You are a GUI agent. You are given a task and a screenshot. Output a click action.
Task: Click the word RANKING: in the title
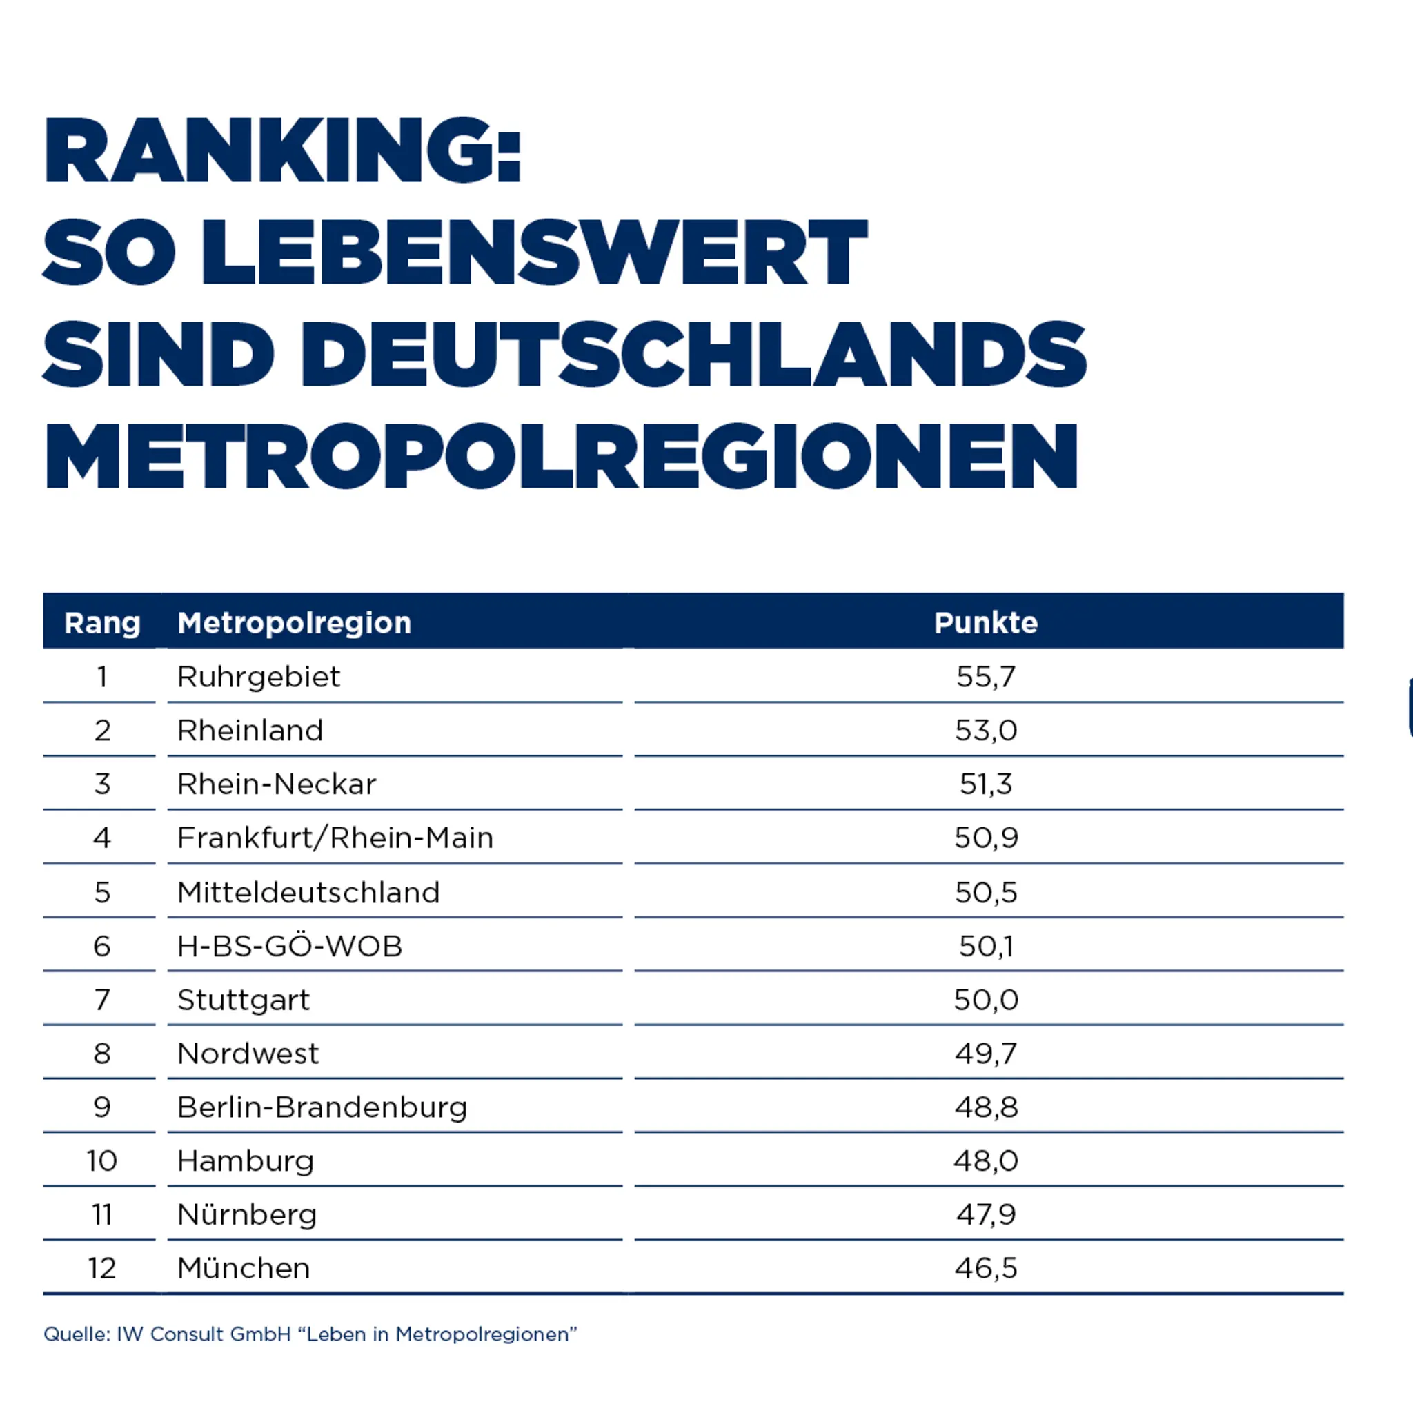pyautogui.click(x=282, y=150)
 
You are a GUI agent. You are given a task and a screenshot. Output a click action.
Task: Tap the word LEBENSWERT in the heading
pyautogui.click(x=535, y=253)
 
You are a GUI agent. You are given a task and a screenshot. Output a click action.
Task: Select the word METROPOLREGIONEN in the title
pyautogui.click(x=561, y=455)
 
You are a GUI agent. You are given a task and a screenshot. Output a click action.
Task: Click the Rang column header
pyautogui.click(x=102, y=623)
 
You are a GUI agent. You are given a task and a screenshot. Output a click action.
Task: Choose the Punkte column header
pyautogui.click(x=986, y=622)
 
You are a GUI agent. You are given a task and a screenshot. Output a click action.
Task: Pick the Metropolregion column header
pyautogui.click(x=295, y=623)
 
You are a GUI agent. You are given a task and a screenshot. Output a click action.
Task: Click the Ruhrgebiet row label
pyautogui.click(x=259, y=678)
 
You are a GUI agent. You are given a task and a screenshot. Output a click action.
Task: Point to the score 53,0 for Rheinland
pyautogui.click(x=986, y=731)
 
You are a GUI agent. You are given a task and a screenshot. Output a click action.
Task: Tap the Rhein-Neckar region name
pyautogui.click(x=277, y=784)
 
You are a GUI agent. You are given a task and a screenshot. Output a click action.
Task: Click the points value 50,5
pyautogui.click(x=986, y=892)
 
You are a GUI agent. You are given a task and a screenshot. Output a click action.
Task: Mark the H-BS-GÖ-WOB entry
pyautogui.click(x=290, y=946)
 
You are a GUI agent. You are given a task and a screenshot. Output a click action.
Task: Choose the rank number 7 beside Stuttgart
pyautogui.click(x=102, y=1000)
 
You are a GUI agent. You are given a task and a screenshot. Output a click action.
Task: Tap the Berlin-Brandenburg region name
pyautogui.click(x=322, y=1107)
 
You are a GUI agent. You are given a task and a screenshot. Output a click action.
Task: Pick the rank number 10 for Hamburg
pyautogui.click(x=101, y=1161)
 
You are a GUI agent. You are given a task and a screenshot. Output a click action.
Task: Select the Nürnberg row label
pyautogui.click(x=247, y=1215)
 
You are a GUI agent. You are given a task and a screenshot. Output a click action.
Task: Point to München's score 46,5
pyautogui.click(x=986, y=1269)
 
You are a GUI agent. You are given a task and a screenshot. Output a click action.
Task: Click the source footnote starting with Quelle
pyautogui.click(x=310, y=1335)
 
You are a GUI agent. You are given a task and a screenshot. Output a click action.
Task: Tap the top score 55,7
pyautogui.click(x=986, y=678)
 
